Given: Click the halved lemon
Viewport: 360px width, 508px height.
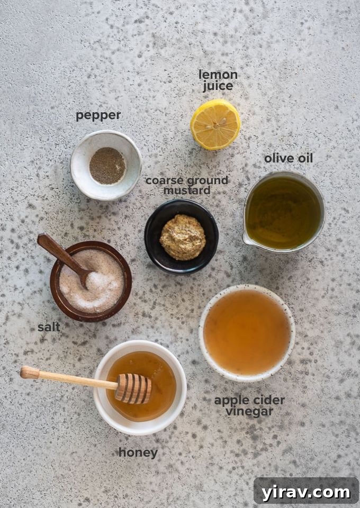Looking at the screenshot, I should point(215,124).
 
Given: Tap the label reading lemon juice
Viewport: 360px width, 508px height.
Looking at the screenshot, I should point(218,80).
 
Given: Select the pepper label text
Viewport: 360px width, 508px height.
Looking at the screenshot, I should point(98,115).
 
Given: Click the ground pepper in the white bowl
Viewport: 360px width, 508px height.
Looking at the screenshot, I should point(107,165).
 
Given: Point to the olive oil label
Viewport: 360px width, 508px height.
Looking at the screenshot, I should point(288,158).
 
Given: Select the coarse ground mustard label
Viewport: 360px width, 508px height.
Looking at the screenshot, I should point(187,185).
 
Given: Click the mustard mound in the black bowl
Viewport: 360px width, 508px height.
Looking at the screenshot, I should point(183,237).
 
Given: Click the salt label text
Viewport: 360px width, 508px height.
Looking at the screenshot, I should point(49,328).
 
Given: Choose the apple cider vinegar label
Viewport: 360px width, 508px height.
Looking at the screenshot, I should point(249,406).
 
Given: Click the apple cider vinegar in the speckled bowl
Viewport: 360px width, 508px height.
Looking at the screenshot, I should point(247,332).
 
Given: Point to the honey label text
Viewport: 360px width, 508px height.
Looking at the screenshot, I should point(138,453).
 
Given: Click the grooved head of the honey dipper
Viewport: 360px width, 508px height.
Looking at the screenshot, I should point(133,389).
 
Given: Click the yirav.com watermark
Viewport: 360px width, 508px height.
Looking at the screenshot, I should point(305,492).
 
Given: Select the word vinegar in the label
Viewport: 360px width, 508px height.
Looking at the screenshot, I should point(249,412).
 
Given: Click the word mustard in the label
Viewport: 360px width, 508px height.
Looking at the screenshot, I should point(187,190).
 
